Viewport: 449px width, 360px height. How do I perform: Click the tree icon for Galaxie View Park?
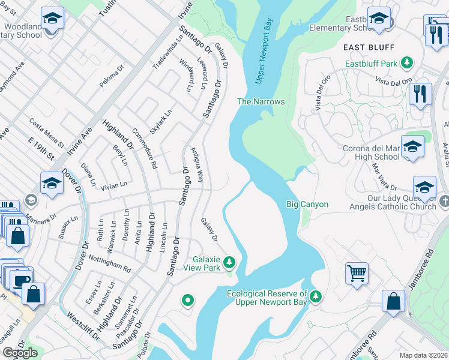click(x=229, y=262)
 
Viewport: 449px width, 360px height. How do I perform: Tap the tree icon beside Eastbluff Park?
click(x=408, y=62)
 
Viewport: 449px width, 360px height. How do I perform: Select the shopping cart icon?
click(x=357, y=273)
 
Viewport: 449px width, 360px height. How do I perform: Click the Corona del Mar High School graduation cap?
click(x=412, y=146)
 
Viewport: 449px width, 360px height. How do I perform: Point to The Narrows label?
click(x=261, y=101)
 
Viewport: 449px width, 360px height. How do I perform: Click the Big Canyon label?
click(x=307, y=205)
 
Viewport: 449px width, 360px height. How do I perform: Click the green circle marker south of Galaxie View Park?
click(x=188, y=300)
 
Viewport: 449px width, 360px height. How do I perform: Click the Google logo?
click(x=20, y=353)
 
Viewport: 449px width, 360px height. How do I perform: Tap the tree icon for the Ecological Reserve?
click(x=316, y=296)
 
